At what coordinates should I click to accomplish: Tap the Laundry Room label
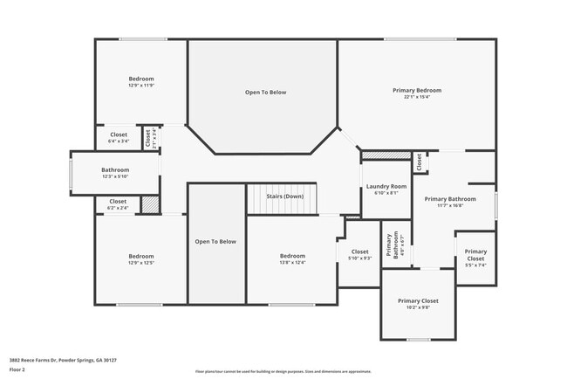click(x=386, y=186)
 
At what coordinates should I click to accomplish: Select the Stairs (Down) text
click(x=284, y=196)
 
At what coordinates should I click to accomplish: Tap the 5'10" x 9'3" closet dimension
click(x=359, y=258)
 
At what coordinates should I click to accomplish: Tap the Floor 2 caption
click(x=17, y=369)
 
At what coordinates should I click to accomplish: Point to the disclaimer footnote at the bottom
click(x=283, y=370)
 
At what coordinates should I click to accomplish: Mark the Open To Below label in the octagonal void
click(x=264, y=92)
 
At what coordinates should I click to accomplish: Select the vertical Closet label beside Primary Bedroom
click(x=419, y=162)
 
